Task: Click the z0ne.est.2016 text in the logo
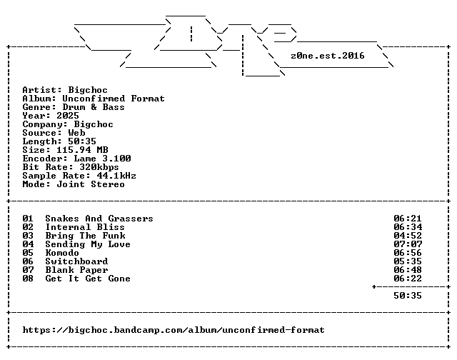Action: pyautogui.click(x=327, y=56)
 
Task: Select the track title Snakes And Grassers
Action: pyautogui.click(x=99, y=219)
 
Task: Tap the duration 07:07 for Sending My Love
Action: pyautogui.click(x=408, y=244)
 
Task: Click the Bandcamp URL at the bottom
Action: pyautogui.click(x=174, y=330)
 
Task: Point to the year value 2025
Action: pyautogui.click(x=68, y=116)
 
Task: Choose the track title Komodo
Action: pyautogui.click(x=62, y=253)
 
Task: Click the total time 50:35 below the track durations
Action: pyautogui.click(x=408, y=296)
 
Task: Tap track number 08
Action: pyautogui.click(x=28, y=279)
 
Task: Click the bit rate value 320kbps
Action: pyautogui.click(x=99, y=167)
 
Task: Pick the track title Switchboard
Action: pyautogui.click(x=76, y=261)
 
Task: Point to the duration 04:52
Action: pyautogui.click(x=408, y=236)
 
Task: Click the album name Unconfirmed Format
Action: pyautogui.click(x=114, y=99)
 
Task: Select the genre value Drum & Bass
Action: pyautogui.click(x=94, y=107)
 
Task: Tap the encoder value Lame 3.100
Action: pyautogui.click(x=102, y=159)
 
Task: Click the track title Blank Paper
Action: pyautogui.click(x=76, y=270)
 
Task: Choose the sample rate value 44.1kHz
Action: pyautogui.click(x=116, y=176)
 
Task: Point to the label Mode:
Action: pyautogui.click(x=36, y=184)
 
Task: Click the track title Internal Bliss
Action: pyautogui.click(x=85, y=226)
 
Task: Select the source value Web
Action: pyautogui.click(x=76, y=133)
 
